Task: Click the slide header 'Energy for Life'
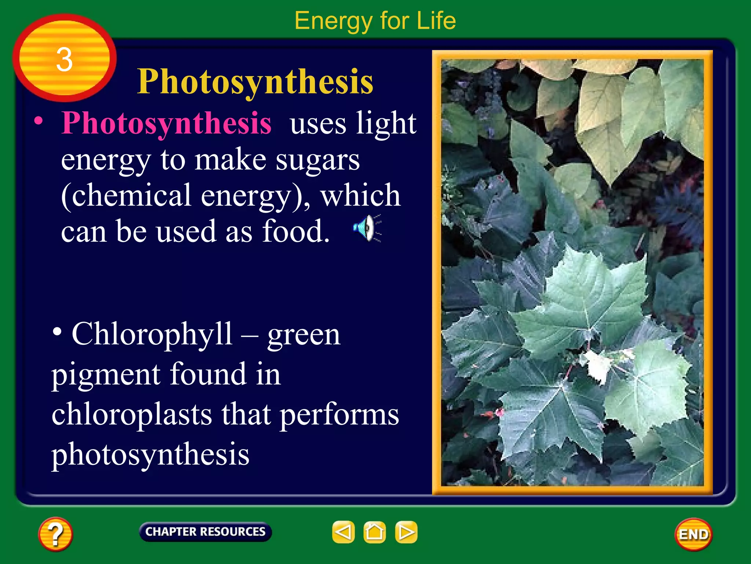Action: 375,21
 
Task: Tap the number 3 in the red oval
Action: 64,59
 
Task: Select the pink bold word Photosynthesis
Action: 166,123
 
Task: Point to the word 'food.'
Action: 296,231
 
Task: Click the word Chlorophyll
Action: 152,334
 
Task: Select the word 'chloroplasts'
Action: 132,414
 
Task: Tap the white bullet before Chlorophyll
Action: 57,332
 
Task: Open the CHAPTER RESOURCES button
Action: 205,532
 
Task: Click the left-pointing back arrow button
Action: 343,532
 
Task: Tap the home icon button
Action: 374,532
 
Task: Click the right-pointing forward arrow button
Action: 406,532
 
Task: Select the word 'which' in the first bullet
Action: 360,195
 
